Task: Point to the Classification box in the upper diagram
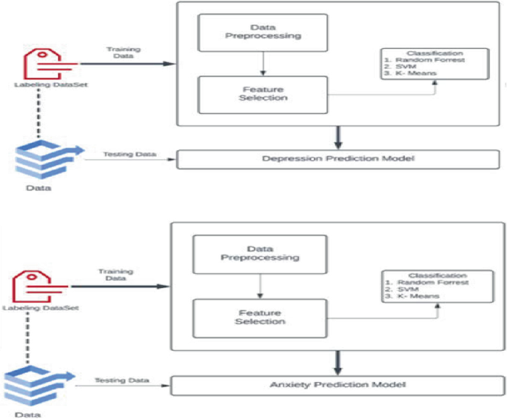tap(434, 64)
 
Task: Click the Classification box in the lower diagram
tap(435, 286)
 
